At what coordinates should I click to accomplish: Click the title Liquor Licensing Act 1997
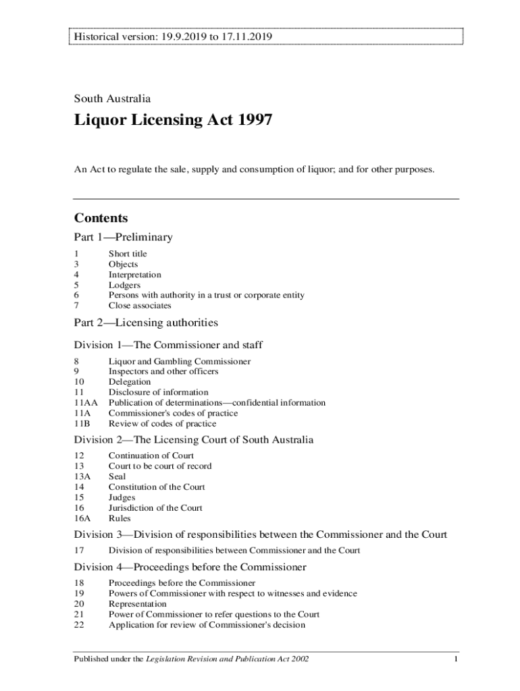tap(174, 121)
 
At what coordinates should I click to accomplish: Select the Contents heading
tap(101, 219)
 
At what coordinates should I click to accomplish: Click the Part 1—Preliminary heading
tap(123, 238)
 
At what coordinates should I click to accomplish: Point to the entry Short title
tap(128, 254)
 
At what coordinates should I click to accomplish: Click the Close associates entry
tap(140, 306)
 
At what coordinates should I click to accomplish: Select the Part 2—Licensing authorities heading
tap(146, 323)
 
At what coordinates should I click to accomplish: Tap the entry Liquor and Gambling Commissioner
tap(180, 361)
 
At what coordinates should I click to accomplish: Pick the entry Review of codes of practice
tap(163, 424)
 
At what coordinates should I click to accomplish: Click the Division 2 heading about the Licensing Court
tap(194, 440)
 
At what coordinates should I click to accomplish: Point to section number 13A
tap(82, 476)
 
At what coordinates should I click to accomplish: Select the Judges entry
tap(122, 497)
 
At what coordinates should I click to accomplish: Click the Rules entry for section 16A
tap(120, 518)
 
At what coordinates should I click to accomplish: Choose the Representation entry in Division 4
tap(137, 604)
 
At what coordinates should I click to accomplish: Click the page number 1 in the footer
tap(457, 659)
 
